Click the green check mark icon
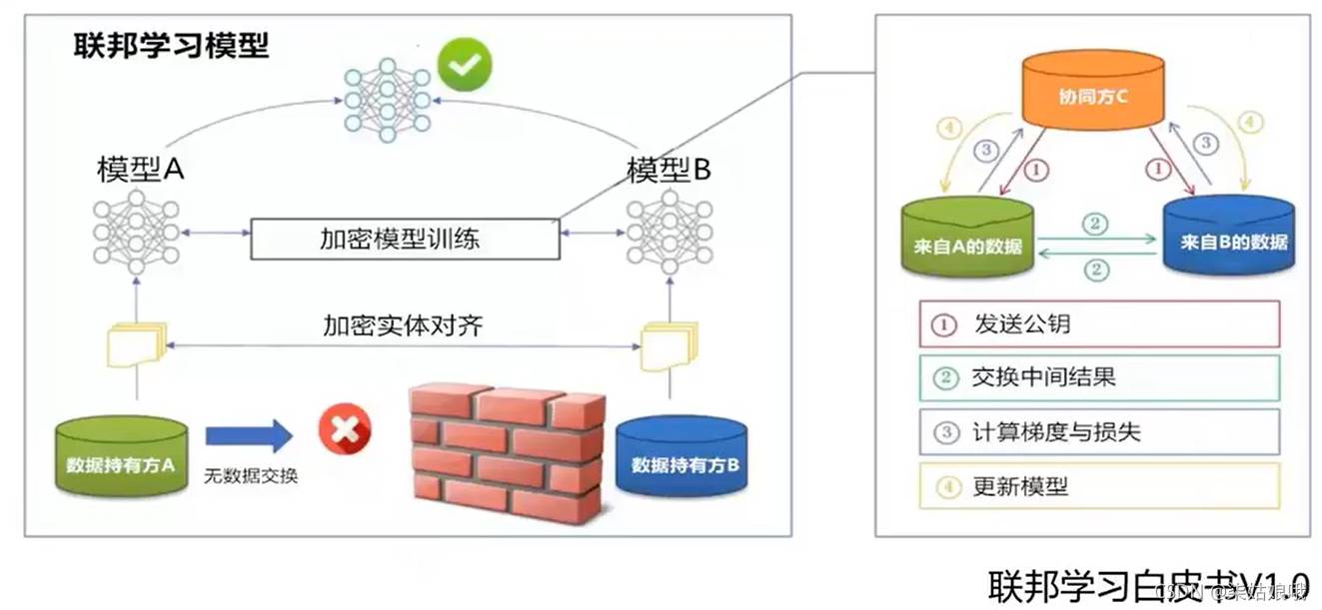465,64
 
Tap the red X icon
344,430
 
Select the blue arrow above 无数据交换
248,436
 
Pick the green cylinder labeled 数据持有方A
121,456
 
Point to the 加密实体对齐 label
403,324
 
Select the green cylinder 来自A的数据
967,238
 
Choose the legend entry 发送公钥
1098,323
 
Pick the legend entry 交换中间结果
1098,377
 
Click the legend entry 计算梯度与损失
1098,431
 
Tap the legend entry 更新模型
1098,486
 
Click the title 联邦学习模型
171,45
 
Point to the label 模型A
141,169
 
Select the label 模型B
668,169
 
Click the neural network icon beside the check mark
387,99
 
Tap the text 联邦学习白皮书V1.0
1148,583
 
